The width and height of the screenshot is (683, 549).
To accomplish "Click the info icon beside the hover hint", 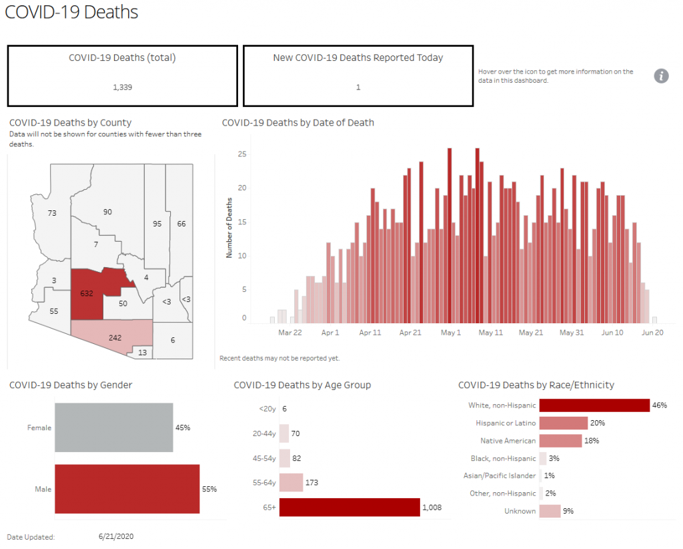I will click(661, 75).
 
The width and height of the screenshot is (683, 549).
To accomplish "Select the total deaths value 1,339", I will click(122, 87).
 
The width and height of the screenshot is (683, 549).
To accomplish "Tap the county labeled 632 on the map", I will click(87, 293).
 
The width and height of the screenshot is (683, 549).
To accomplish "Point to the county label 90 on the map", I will click(107, 212).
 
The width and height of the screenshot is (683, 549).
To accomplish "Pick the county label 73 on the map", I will click(52, 212).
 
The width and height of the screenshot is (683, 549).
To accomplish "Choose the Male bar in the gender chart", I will click(127, 489).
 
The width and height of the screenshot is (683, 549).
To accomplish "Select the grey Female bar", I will click(113, 427).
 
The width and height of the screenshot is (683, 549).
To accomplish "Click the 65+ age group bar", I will click(349, 508).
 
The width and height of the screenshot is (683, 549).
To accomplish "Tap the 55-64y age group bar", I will click(291, 482).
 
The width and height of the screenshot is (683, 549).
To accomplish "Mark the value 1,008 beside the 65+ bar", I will click(431, 508).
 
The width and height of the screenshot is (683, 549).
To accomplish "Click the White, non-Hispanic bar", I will click(594, 405).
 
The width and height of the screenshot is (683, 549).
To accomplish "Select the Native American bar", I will click(560, 441).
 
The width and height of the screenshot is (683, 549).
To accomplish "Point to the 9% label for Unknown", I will click(568, 511).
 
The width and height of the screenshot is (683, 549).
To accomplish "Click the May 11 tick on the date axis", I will click(490, 332).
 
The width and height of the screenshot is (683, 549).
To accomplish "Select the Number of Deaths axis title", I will click(229, 228).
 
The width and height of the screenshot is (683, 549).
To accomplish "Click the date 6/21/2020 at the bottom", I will click(117, 536).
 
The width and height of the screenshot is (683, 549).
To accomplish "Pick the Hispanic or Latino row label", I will click(506, 423).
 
